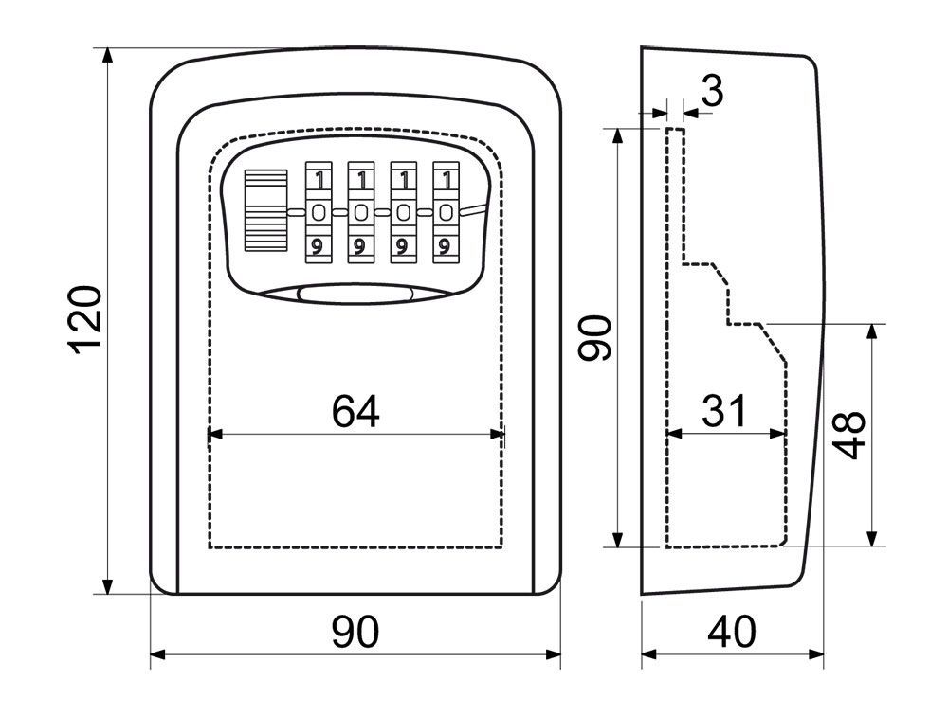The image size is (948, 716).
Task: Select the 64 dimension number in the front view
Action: point(355,411)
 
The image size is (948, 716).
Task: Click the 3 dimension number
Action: point(713,92)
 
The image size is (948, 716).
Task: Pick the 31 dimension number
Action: point(724,411)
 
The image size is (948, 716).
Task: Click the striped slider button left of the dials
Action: point(264,210)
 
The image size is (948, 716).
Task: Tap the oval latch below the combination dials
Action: point(356,295)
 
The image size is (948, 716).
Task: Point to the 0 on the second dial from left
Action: point(360,212)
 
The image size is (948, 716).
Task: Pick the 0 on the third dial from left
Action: point(402,212)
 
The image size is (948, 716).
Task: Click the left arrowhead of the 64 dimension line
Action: point(213,434)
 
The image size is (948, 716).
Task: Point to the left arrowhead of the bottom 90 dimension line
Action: point(157,653)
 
